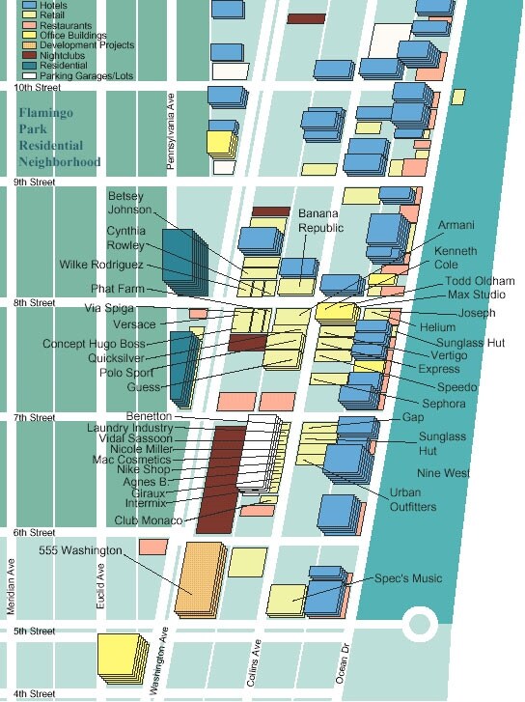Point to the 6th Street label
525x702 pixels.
click(x=30, y=533)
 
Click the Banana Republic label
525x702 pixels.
click(x=320, y=219)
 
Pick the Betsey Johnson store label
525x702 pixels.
click(x=129, y=203)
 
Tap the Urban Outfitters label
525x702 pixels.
click(x=412, y=499)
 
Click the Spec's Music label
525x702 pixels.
click(x=409, y=578)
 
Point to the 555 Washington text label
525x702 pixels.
click(x=81, y=549)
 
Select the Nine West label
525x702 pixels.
click(x=443, y=473)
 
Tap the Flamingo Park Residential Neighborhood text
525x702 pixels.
click(x=61, y=137)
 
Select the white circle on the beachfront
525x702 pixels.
click(x=421, y=623)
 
